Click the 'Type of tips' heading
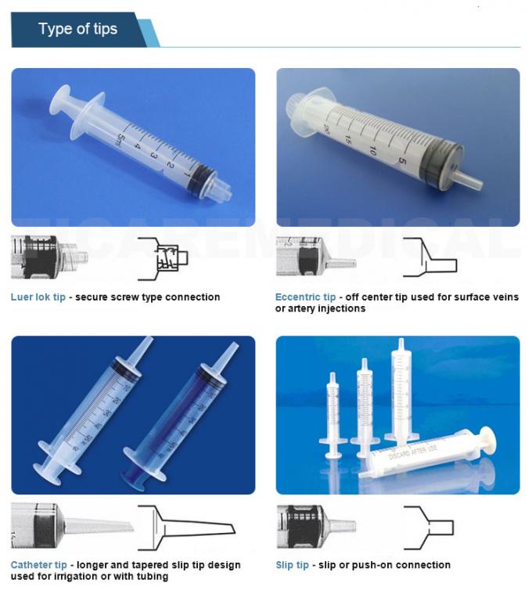click(77, 30)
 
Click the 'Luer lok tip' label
click(38, 297)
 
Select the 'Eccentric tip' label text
click(305, 297)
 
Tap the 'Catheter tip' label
click(38, 565)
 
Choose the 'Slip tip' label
click(292, 565)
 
